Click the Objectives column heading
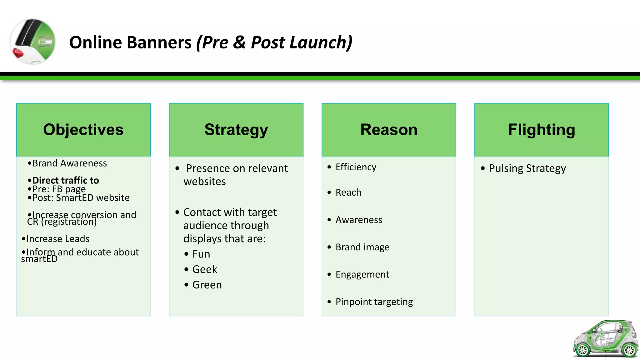coord(83,130)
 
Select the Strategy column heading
coord(236,130)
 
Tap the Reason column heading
coord(389,130)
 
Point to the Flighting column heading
coord(541,130)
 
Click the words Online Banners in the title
coord(130,42)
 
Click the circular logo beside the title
coord(33,42)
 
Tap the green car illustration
coord(605,339)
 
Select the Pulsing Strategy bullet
coord(527,168)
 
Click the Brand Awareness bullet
coord(69,163)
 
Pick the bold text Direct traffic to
coord(66,180)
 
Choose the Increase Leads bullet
coord(57,239)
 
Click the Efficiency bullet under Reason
coord(356,167)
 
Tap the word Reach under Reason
coord(348,192)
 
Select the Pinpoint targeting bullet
coord(374,302)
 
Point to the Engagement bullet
coord(362,274)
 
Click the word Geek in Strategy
coord(204,269)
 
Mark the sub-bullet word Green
coord(207,285)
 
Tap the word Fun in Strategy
coord(201,254)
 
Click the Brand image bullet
coord(362,247)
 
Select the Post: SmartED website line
coord(81,198)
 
